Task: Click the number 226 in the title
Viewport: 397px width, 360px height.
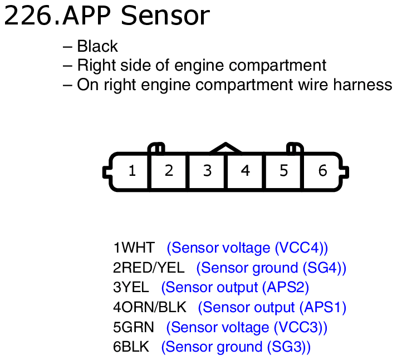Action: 29,17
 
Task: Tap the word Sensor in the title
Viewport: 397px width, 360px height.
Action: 165,17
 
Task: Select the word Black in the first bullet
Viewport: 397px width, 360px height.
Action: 97,47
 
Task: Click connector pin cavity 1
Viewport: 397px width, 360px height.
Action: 132,171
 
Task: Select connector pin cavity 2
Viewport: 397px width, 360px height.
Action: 169,171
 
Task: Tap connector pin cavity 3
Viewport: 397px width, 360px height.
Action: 207,171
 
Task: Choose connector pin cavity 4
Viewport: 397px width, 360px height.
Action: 246,171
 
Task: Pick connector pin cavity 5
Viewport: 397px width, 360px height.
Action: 283,171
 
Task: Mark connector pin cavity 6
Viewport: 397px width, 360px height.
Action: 322,171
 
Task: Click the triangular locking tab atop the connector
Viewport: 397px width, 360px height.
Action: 226,148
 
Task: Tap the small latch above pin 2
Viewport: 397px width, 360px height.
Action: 156,148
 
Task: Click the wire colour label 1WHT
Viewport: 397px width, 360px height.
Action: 134,248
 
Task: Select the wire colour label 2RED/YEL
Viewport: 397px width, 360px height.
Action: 148,268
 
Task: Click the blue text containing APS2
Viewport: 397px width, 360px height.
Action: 234,288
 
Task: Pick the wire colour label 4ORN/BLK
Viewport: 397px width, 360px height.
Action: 149,307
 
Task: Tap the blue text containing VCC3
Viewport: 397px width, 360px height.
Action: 247,327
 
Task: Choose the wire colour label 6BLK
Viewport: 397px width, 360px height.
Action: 131,347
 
